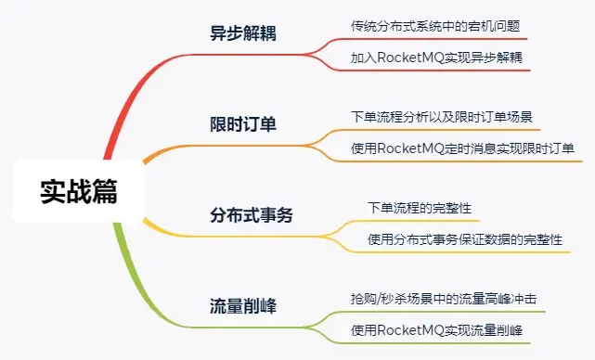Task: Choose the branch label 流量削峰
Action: [242, 306]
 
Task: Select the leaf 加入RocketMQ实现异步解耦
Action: [436, 57]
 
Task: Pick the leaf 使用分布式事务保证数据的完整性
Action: [465, 238]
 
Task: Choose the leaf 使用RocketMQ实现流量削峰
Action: [437, 329]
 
